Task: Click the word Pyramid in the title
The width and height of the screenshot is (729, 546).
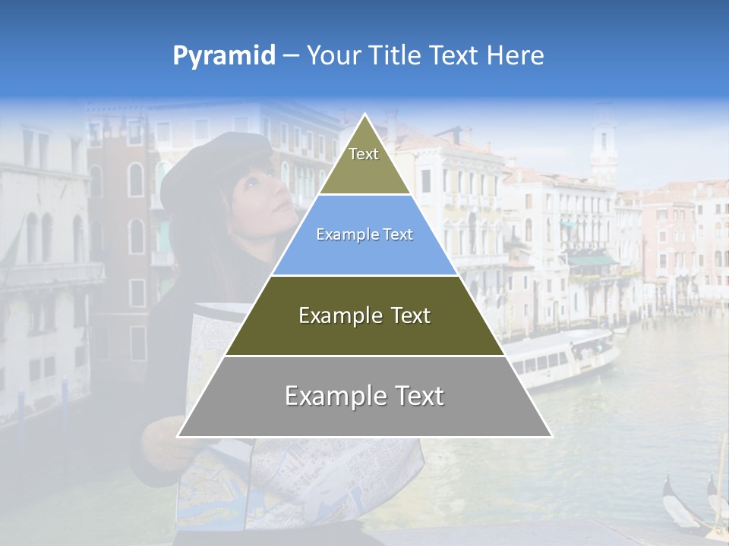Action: click(x=223, y=56)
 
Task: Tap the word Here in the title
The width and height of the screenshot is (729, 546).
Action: click(x=515, y=56)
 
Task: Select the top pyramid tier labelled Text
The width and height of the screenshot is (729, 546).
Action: click(x=364, y=163)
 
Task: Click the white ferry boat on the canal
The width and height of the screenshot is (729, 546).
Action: click(x=562, y=356)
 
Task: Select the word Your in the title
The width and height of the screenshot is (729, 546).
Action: click(x=331, y=56)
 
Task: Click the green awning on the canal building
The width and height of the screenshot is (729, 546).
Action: click(x=592, y=261)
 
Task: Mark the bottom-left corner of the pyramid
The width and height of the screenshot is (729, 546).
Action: click(x=178, y=436)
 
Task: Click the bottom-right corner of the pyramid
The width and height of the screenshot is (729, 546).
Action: click(x=551, y=436)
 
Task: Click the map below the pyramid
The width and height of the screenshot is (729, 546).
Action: click(x=304, y=485)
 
